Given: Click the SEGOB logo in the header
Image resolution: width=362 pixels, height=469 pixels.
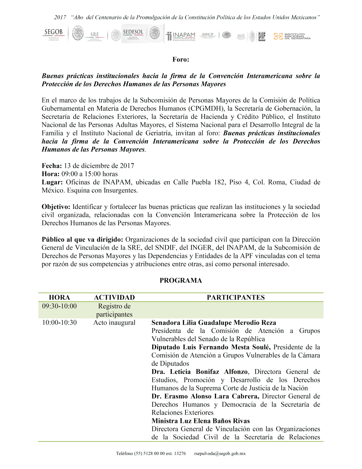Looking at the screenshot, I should click(x=53, y=34).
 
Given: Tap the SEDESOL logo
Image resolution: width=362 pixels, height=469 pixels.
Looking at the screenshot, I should click(x=133, y=33).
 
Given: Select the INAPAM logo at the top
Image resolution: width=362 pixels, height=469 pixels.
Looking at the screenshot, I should click(x=181, y=36).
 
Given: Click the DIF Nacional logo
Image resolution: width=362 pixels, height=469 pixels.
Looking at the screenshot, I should click(x=261, y=36).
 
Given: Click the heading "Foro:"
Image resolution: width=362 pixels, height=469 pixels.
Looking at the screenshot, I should click(x=181, y=59).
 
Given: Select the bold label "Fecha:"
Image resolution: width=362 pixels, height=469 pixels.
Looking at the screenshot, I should click(x=52, y=166).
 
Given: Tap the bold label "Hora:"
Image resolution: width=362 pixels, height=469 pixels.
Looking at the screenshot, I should click(x=50, y=174).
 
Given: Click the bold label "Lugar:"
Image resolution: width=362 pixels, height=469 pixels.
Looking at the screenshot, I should click(x=52, y=182).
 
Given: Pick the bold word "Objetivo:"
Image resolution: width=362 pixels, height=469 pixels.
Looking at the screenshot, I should click(x=56, y=207).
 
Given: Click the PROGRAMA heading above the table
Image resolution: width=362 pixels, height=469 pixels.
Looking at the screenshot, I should click(x=181, y=280).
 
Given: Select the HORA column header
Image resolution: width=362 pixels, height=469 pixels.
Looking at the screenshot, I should click(x=59, y=297).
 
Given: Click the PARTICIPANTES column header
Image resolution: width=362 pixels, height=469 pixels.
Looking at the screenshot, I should click(x=236, y=297).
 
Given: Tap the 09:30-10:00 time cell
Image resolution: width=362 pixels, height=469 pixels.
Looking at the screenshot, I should click(x=59, y=306).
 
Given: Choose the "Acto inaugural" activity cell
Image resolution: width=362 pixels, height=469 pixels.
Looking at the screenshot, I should click(x=114, y=322).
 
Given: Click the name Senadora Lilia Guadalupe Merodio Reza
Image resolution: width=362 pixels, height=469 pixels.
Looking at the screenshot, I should click(x=214, y=323).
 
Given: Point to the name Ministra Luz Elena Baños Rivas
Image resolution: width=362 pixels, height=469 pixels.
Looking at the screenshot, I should click(x=201, y=421).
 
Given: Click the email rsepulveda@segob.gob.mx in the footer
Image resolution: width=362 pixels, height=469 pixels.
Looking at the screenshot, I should click(x=220, y=453).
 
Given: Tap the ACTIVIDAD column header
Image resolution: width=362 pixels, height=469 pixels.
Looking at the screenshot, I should click(x=114, y=297).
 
